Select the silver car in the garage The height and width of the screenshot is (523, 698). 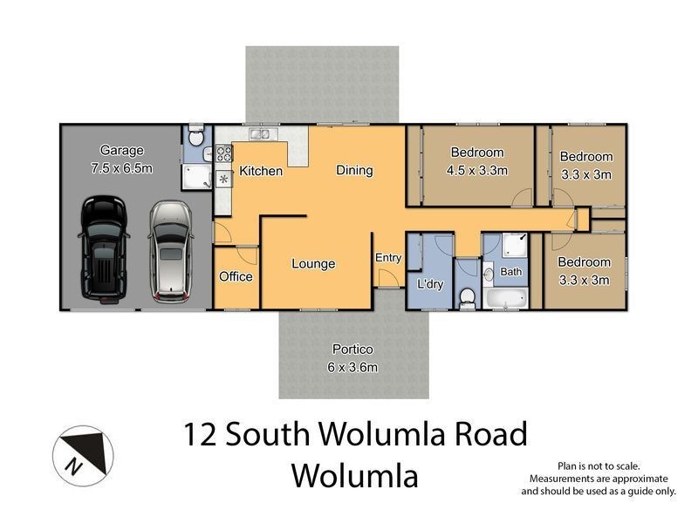(x=168, y=250)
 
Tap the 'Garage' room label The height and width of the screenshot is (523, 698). (x=121, y=150)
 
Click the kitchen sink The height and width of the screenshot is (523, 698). (x=260, y=134)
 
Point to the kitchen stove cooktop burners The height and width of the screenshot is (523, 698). (x=223, y=154)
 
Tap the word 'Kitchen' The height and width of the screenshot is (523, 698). (x=261, y=171)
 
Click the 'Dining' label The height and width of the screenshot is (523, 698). (x=354, y=170)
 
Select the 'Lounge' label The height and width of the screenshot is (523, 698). (x=313, y=263)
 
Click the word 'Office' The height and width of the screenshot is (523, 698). (x=236, y=276)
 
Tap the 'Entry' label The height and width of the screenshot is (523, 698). (x=388, y=257)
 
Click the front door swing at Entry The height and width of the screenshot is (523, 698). (x=382, y=280)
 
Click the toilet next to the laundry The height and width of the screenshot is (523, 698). (x=468, y=296)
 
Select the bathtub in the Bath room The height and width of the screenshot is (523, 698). (x=505, y=300)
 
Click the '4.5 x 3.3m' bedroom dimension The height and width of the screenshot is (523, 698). (x=476, y=170)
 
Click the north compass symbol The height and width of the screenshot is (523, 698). (x=81, y=452)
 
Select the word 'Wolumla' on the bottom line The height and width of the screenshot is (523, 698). (x=354, y=476)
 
